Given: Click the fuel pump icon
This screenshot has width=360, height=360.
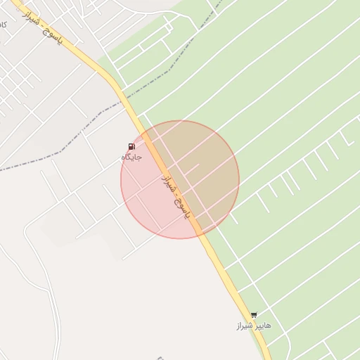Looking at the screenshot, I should coord(131,147).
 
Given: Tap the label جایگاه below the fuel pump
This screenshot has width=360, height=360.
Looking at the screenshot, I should coord(131,157).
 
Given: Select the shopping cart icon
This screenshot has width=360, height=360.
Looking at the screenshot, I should coord(253,315).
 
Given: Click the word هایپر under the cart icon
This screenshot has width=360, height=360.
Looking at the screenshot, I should coord(262,327).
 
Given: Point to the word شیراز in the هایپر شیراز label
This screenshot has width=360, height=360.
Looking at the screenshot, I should coord(244,327).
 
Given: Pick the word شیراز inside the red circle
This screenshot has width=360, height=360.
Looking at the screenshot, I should coord(169,186).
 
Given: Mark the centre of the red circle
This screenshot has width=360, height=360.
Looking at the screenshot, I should coord(180,179).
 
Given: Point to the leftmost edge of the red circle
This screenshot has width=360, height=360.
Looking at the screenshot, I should coord(121,179).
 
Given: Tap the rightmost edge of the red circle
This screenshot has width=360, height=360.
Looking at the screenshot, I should coord(239,179).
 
